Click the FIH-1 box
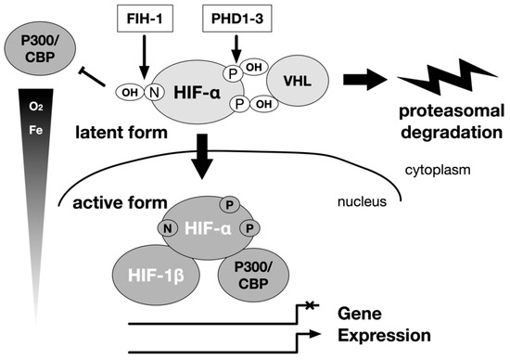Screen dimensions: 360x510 tap(143, 17)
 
